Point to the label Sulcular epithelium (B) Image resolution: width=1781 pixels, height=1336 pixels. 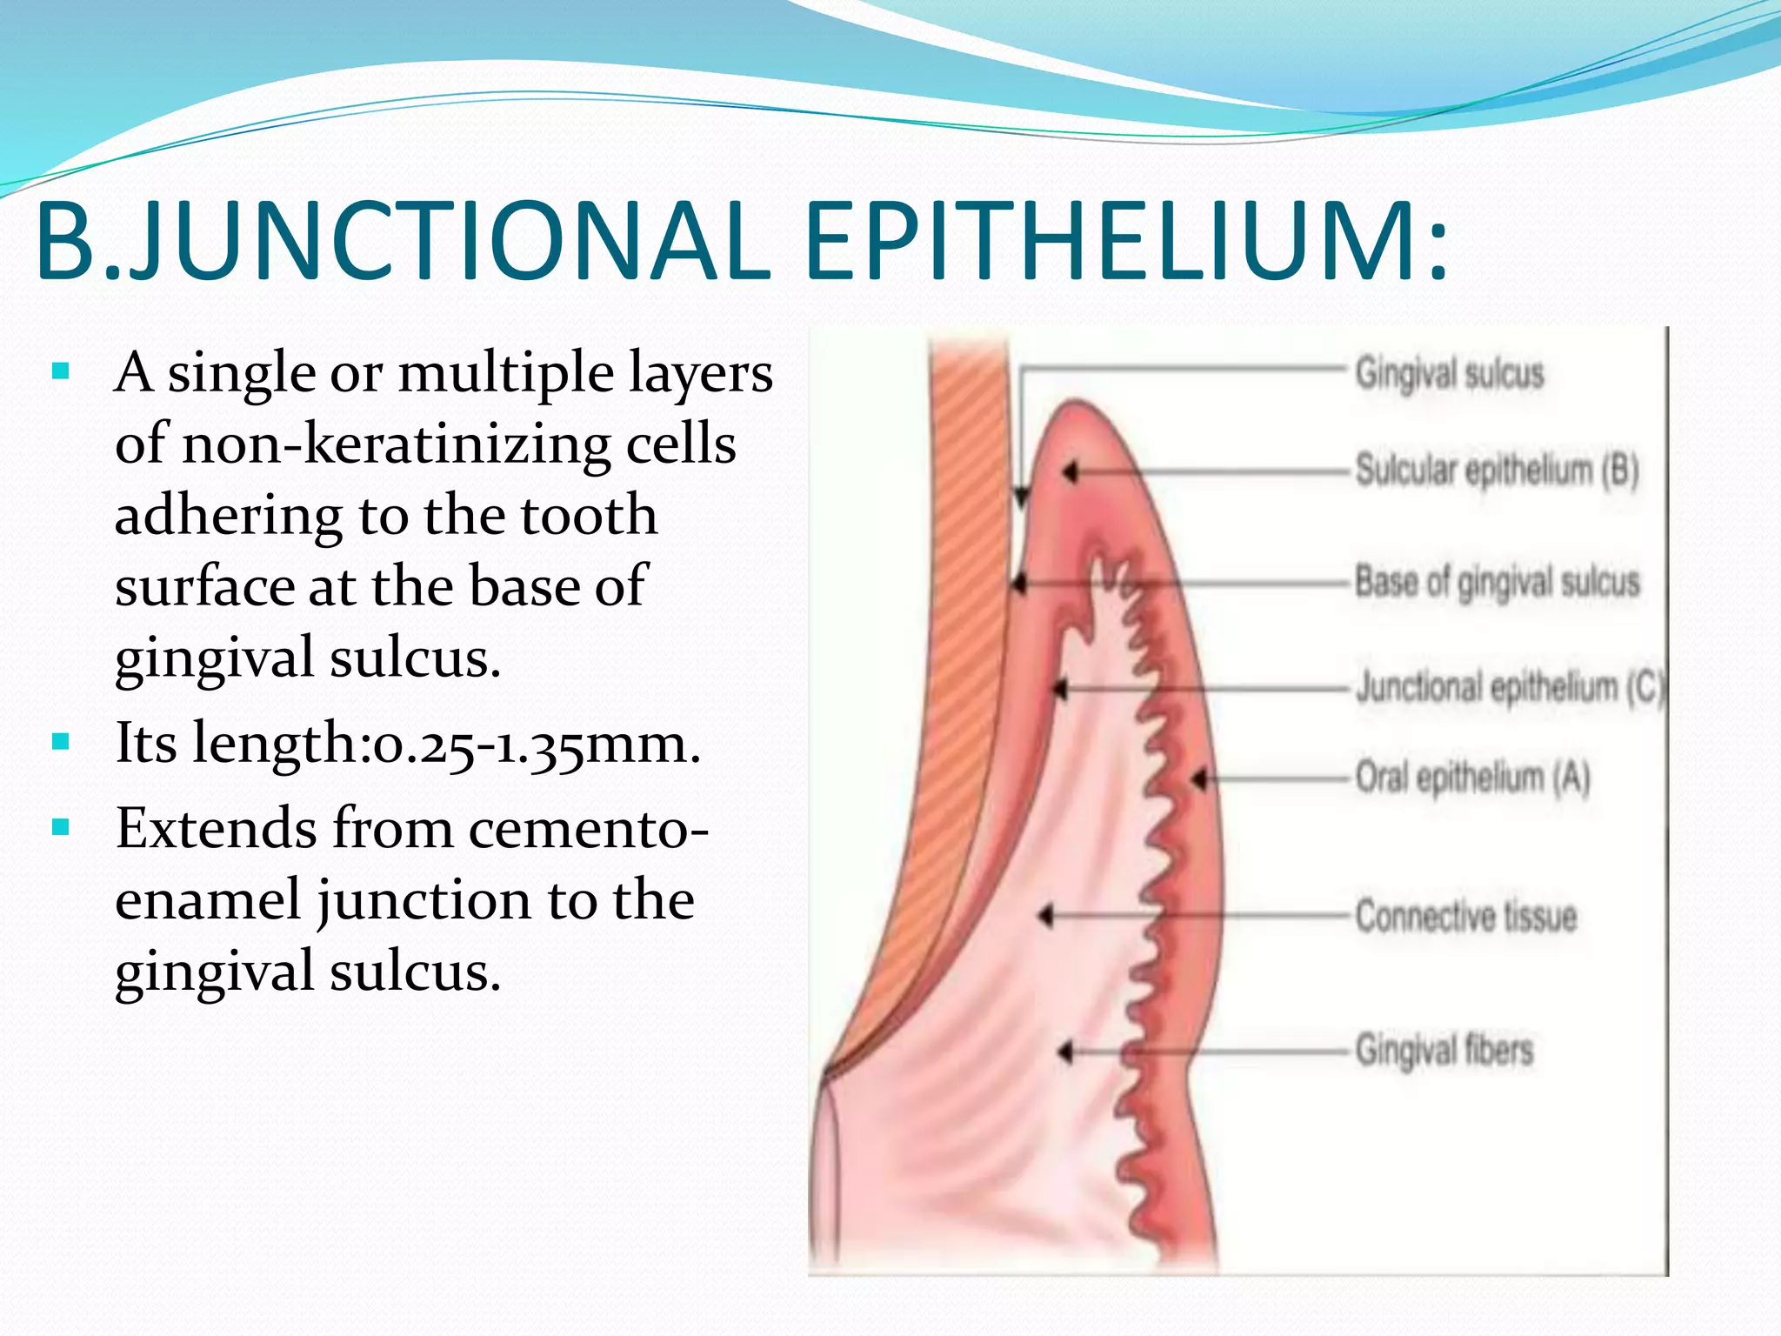pos(1497,471)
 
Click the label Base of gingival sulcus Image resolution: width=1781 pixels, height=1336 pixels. pos(1497,582)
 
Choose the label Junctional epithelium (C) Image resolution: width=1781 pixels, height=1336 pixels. pos(1510,687)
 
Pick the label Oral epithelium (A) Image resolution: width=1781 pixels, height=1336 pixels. pos(1472,777)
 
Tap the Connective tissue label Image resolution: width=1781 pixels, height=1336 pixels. pos(1465,916)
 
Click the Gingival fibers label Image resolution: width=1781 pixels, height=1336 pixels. pos(1444,1050)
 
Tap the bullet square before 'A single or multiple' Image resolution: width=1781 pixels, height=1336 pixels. pos(60,372)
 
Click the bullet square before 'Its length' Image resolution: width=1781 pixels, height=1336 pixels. pos(60,742)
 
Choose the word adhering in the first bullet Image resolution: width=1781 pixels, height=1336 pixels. pos(229,515)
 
